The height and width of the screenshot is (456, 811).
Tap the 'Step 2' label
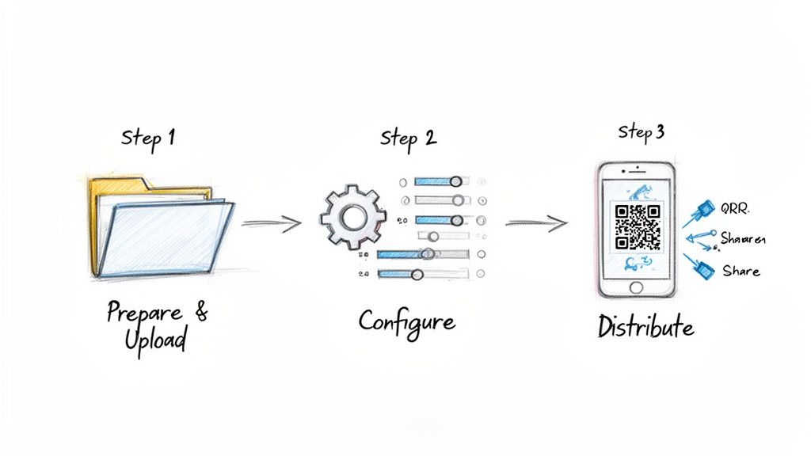pos(408,137)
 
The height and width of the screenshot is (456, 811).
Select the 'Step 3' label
pos(641,132)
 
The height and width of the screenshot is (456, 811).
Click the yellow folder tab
pos(119,185)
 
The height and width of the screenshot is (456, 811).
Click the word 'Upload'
pos(156,341)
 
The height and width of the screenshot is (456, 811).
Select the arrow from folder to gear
pos(271,224)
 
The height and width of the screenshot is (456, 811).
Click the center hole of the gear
pos(352,215)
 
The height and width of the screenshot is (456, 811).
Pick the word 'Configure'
pos(406,321)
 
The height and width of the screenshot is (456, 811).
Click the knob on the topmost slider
pos(456,181)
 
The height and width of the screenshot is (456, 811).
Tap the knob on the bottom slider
pos(417,274)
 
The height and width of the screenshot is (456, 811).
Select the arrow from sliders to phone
pos(536,224)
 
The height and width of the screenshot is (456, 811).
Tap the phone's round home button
pos(636,286)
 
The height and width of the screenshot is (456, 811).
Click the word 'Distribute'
pos(645,325)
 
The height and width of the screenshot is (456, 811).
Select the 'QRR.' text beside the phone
pos(735,210)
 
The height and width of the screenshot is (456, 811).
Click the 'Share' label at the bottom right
pos(741,271)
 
